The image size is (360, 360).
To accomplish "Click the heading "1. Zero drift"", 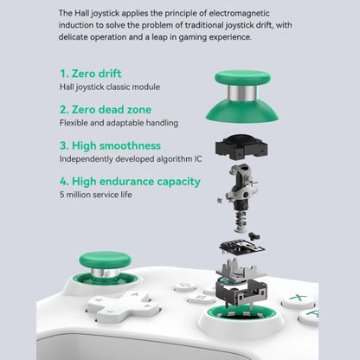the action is [x=90, y=74].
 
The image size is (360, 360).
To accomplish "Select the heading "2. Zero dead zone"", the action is [x=106, y=110].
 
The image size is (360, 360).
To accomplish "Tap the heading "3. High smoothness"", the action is [x=110, y=145].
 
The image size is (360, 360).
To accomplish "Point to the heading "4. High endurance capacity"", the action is [x=130, y=182].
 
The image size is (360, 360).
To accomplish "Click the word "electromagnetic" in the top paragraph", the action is [x=239, y=13].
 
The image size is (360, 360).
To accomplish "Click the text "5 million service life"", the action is [x=96, y=195].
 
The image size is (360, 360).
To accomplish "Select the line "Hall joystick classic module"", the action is [x=110, y=87].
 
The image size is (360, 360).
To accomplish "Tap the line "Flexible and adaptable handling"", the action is [x=119, y=123].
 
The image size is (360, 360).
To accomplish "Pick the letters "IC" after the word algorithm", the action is [x=198, y=159].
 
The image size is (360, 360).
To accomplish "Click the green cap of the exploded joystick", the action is [x=242, y=78].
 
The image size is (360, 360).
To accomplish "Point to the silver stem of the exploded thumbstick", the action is [x=242, y=93].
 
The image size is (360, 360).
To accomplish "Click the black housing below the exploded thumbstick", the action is [x=241, y=147].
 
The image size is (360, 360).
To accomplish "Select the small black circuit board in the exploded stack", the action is [x=242, y=247].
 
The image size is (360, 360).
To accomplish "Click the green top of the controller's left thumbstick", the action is [x=106, y=260].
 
